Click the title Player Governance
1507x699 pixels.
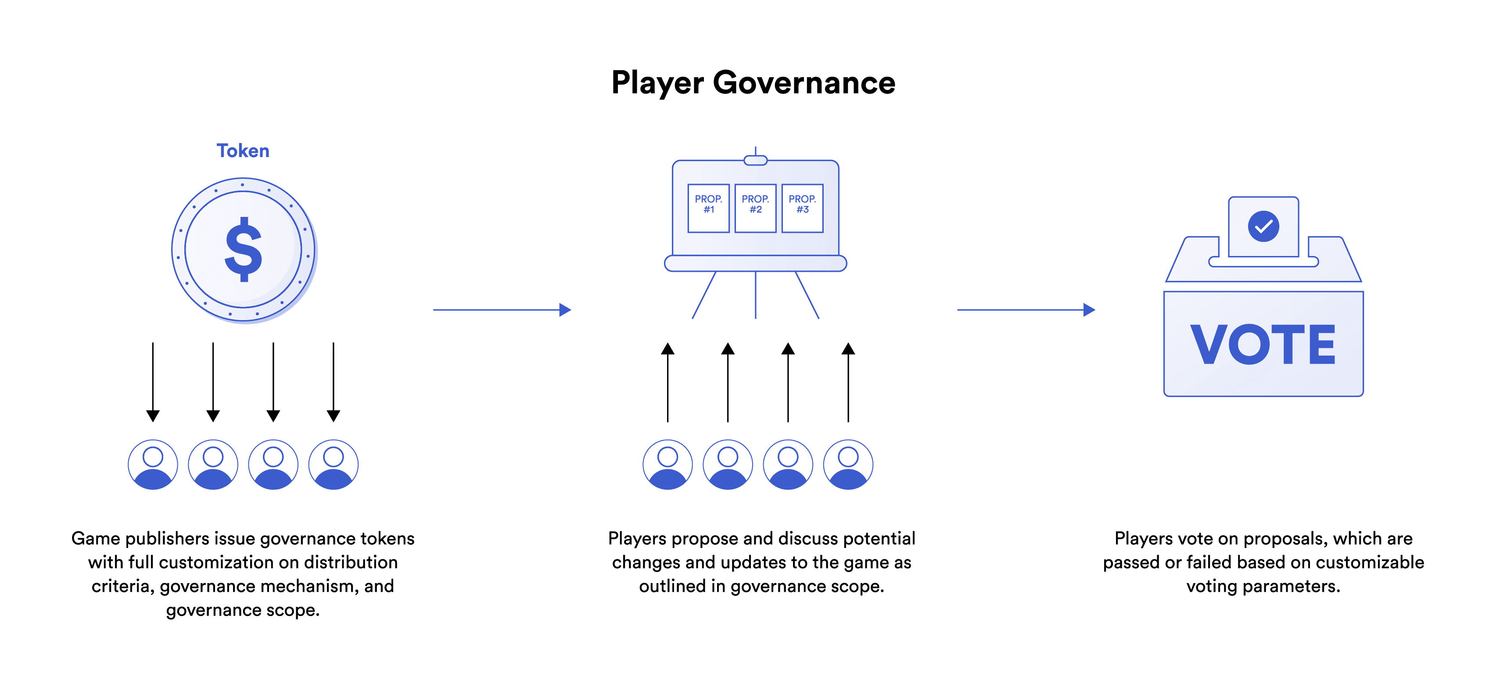coord(753,83)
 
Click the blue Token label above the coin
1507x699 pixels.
coord(243,151)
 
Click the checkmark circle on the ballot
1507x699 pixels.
coord(1263,226)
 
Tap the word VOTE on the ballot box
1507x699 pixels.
coord(1263,345)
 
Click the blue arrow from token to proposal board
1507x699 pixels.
coord(502,310)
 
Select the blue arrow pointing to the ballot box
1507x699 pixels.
coord(1026,310)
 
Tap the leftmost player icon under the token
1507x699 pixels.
coord(153,464)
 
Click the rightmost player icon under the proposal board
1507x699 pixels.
coord(848,464)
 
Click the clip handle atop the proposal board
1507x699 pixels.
coord(755,160)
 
